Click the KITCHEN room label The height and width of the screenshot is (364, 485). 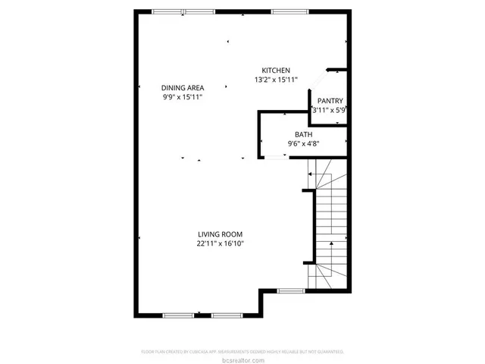[276, 71]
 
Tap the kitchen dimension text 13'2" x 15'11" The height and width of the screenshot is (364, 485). [276, 80]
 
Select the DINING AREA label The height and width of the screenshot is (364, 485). [182, 88]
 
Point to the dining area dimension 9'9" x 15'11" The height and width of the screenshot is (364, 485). [182, 97]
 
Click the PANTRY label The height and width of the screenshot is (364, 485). [330, 101]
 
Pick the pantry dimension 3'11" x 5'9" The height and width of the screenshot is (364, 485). [329, 110]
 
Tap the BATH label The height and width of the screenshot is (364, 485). [303, 134]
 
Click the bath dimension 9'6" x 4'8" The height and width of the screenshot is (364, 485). [303, 143]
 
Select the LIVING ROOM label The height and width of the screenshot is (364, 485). [220, 234]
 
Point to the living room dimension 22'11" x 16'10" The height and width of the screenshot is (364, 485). [220, 243]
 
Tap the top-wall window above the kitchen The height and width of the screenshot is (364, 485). [284, 11]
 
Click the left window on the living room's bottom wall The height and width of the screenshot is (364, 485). [177, 315]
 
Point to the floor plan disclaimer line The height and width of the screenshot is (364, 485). [242, 352]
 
